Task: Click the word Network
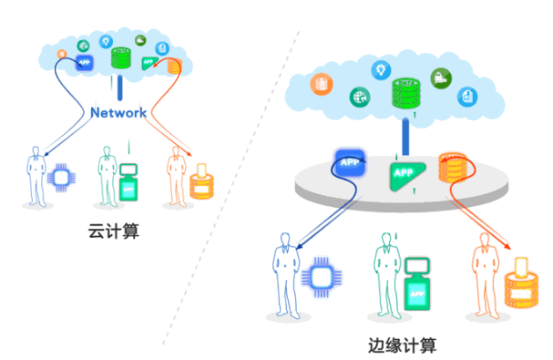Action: [118, 113]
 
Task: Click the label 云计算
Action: [115, 234]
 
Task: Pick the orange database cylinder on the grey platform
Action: [453, 165]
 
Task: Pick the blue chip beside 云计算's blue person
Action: [63, 178]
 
